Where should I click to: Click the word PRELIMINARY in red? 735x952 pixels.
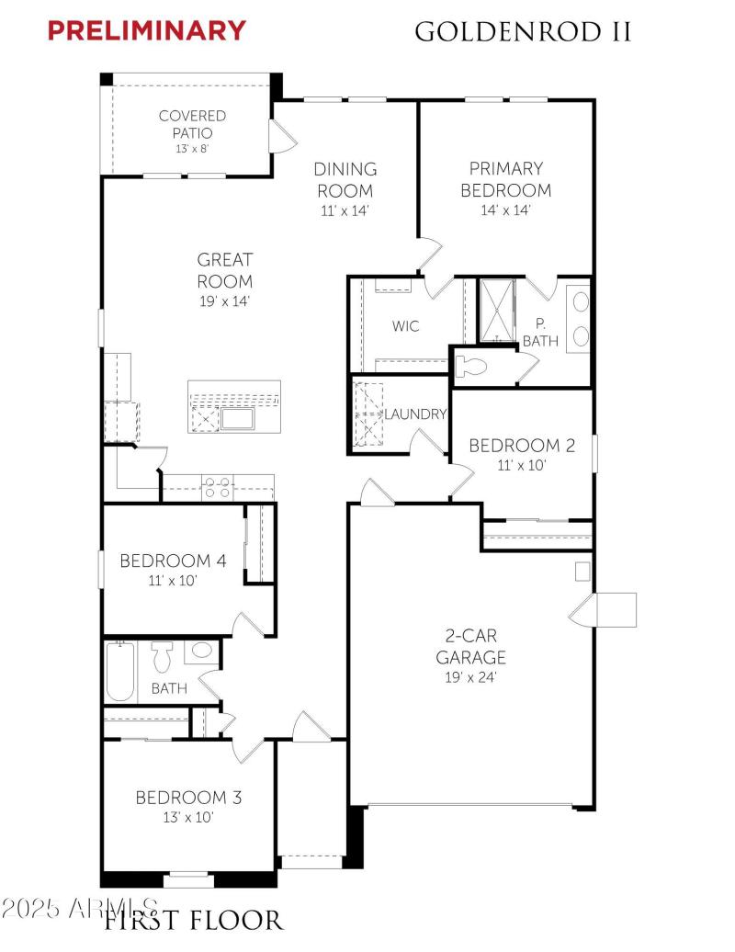click(146, 30)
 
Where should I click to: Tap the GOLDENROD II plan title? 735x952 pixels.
click(523, 31)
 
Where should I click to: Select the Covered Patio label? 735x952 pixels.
click(192, 124)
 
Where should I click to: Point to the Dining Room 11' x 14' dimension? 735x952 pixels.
click(345, 211)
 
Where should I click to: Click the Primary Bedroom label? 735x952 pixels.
click(505, 179)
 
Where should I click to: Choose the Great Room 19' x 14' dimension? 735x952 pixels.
click(224, 301)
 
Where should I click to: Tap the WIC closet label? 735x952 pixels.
click(405, 326)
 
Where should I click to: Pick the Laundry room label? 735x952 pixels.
click(416, 414)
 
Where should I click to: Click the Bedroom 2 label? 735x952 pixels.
click(521, 446)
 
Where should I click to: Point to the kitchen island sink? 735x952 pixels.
click(239, 419)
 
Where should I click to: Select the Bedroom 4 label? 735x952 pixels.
click(173, 561)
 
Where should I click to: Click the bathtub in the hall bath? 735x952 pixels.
click(120, 671)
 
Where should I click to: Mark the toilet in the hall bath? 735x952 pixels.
click(162, 657)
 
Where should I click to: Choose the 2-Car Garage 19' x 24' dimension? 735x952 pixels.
click(471, 677)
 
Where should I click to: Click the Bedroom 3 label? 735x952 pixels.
click(188, 798)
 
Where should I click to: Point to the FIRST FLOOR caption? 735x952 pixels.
click(193, 921)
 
